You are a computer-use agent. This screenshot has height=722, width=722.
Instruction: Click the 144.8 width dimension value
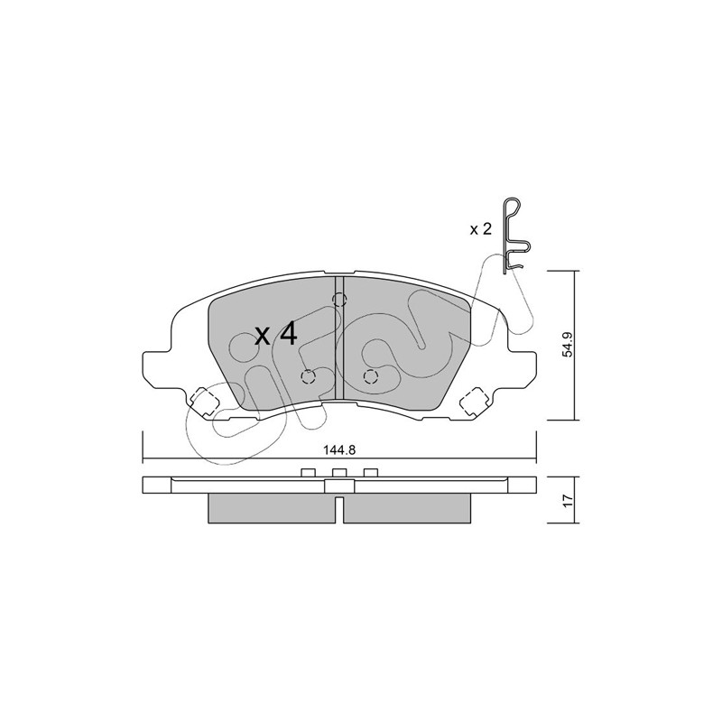(x=340, y=450)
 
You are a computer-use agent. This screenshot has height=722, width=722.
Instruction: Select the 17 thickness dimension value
(x=569, y=500)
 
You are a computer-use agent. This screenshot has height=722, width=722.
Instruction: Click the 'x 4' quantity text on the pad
(x=276, y=335)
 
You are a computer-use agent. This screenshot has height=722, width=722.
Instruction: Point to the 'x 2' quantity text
(x=481, y=229)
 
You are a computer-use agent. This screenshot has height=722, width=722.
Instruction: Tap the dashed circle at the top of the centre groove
(x=339, y=301)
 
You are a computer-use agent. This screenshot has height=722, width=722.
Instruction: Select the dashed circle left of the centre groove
(x=308, y=377)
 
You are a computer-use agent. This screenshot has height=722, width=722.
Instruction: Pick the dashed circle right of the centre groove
(x=371, y=377)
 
